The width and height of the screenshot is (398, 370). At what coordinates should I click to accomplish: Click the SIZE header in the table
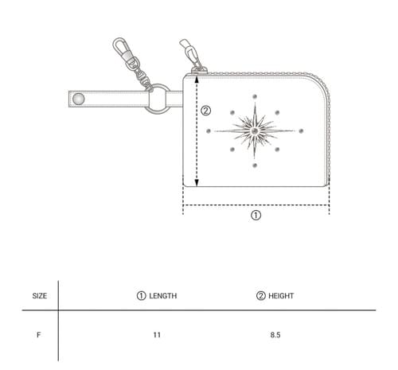tap(40, 296)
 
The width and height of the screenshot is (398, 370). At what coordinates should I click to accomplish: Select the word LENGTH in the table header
tap(163, 296)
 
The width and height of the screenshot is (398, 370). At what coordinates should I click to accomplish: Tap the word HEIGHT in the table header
tap(281, 296)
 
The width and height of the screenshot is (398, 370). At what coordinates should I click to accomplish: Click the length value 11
tap(157, 335)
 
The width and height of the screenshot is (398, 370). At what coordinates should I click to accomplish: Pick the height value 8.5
tap(275, 335)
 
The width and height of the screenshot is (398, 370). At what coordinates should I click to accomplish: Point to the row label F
tap(39, 335)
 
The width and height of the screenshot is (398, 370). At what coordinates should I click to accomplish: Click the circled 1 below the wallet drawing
tap(256, 215)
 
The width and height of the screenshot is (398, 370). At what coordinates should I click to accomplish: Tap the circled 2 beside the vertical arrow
tap(205, 111)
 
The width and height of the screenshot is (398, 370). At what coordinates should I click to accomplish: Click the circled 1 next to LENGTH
tap(142, 296)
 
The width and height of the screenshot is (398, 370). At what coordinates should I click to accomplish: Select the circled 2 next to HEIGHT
tap(261, 296)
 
